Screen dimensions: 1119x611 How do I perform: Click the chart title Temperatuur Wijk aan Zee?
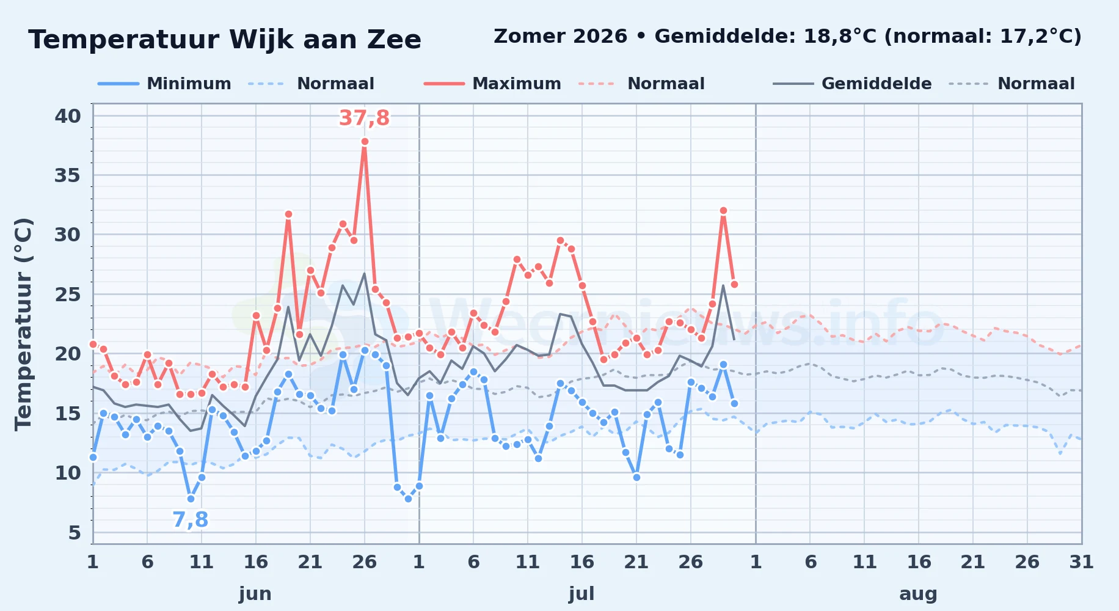(225, 40)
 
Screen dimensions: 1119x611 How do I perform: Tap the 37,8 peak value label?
(364, 118)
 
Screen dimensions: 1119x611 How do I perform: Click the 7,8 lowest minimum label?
(191, 520)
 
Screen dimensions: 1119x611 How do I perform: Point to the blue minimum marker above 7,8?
(191, 499)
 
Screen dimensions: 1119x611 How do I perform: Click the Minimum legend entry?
(165, 84)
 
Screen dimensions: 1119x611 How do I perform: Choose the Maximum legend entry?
(492, 84)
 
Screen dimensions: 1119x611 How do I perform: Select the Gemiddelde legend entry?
(853, 84)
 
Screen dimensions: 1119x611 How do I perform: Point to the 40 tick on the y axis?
(68, 116)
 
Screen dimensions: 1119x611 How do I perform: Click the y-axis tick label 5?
(75, 533)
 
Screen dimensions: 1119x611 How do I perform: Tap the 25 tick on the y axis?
(68, 295)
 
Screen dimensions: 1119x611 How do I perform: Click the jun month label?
(255, 594)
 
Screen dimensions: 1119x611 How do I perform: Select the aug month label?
(919, 594)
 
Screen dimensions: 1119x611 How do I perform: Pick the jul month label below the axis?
(581, 594)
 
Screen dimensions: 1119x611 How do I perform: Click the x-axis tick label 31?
(1082, 562)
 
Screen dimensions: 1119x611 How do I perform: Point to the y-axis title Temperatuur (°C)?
(23, 324)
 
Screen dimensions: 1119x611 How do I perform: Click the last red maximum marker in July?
(734, 285)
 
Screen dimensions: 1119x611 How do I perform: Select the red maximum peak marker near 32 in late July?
(723, 211)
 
